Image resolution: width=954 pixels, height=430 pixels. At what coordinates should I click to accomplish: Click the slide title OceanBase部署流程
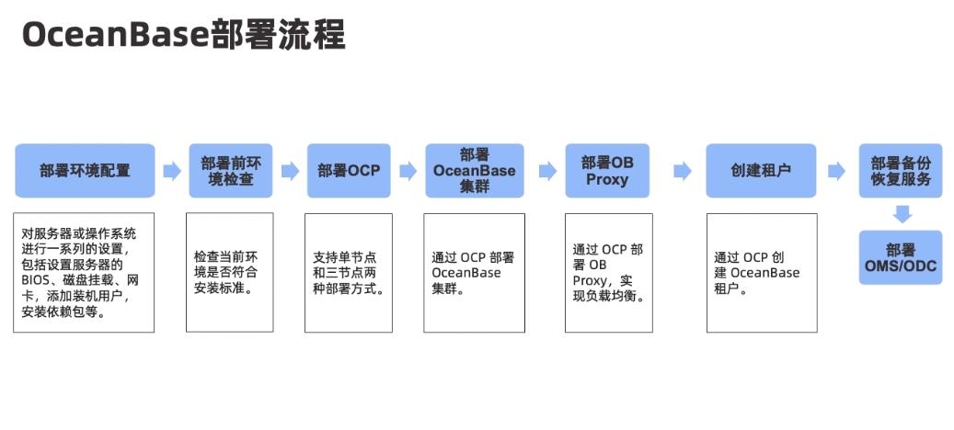183,35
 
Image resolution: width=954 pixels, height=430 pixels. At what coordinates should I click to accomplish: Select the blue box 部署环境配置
85,171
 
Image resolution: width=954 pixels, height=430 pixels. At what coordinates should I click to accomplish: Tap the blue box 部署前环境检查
230,171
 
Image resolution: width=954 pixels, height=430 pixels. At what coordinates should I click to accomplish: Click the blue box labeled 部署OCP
349,171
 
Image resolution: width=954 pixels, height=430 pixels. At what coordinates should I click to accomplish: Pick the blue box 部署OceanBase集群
474,171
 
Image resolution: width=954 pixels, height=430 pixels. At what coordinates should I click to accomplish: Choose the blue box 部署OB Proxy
607,171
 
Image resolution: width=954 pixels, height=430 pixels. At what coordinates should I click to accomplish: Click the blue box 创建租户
760,171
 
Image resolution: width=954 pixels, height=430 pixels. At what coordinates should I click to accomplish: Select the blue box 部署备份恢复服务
901,171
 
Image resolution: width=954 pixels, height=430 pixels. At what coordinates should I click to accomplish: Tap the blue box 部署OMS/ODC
901,257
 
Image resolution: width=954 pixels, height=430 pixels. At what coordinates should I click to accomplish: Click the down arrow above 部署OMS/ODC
902,214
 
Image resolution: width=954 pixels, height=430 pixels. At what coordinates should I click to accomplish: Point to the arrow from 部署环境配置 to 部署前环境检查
171,171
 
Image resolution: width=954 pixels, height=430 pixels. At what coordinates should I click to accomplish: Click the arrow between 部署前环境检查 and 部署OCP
290,171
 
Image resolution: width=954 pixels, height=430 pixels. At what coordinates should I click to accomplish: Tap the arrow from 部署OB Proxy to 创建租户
682,171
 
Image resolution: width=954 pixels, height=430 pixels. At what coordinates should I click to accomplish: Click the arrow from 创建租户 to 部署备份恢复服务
836,171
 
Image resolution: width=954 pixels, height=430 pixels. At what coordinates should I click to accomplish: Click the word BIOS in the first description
37,279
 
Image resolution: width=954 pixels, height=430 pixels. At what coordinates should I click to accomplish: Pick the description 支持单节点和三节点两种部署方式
348,272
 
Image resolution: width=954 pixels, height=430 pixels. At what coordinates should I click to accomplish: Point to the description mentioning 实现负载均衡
607,272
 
